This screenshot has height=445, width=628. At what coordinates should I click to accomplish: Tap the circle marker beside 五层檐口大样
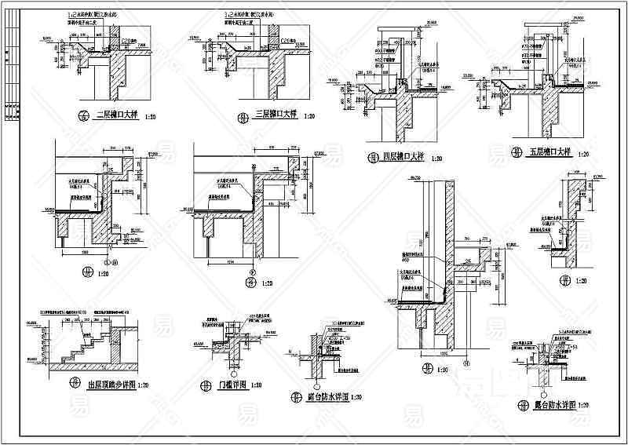coord(516,151)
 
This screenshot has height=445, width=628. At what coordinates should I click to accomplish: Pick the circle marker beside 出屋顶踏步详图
coord(76,384)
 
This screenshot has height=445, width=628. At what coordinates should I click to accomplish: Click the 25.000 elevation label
coord(577,18)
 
